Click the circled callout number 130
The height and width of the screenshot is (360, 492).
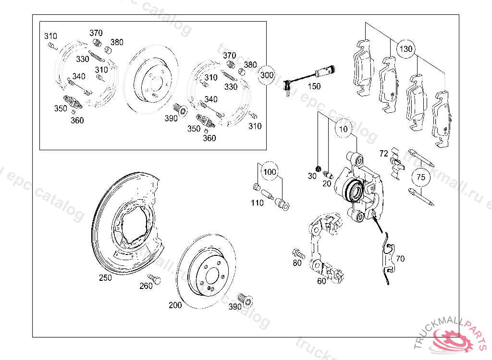point(406,49)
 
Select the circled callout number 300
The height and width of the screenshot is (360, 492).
point(267,75)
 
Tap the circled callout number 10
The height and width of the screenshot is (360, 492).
point(343,129)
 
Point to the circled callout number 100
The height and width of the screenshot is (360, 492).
point(270,172)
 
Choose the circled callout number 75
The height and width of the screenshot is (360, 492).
point(421,177)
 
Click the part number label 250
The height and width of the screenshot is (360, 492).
point(105,277)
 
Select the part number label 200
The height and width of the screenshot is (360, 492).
point(175,305)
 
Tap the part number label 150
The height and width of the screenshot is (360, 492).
point(314,86)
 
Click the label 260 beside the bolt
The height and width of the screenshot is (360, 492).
point(146,286)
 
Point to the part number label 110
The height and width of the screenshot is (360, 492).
point(257,203)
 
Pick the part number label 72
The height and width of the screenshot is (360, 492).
point(383,154)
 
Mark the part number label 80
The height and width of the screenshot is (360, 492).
point(297,263)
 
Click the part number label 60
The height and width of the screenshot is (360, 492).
point(321,281)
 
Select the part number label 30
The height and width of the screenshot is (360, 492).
point(312,176)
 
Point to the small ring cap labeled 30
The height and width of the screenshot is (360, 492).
point(318,168)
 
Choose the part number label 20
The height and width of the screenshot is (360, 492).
point(326,183)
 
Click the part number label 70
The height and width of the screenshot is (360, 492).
point(400,259)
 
